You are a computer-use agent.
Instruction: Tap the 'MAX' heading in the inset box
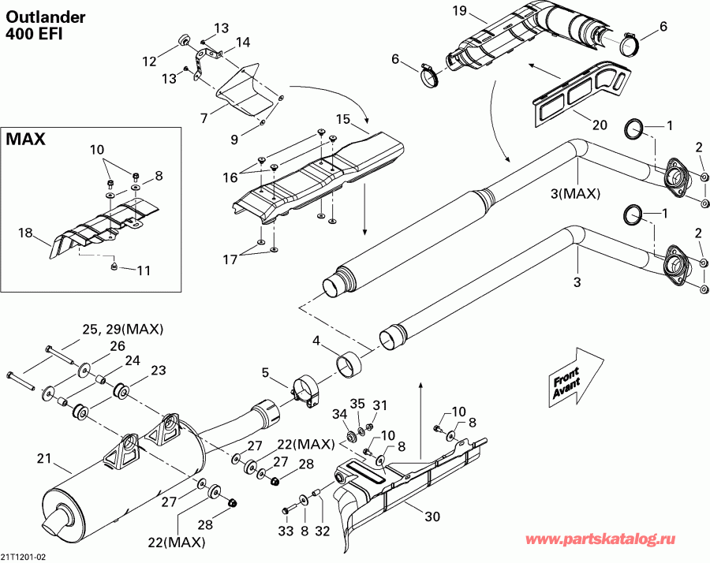point(26,140)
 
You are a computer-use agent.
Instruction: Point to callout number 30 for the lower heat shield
point(432,517)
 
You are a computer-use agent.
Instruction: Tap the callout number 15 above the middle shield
point(342,119)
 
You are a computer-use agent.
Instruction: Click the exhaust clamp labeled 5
point(304,392)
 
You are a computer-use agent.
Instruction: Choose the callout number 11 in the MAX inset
point(143,270)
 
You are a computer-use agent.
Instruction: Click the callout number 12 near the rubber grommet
point(149,61)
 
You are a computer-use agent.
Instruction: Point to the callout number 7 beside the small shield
point(204,118)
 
